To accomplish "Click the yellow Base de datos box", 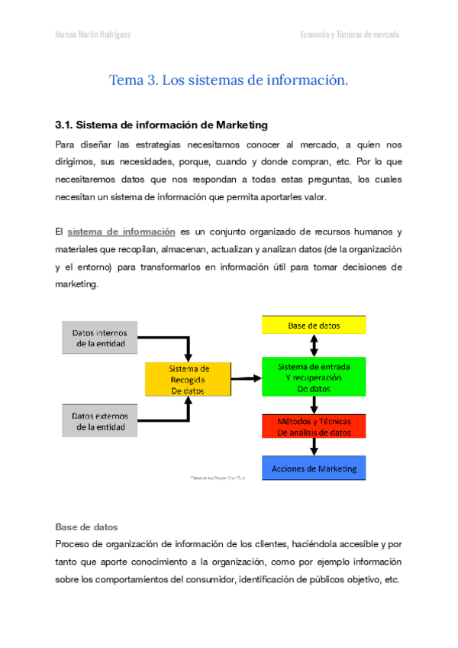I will [314, 325].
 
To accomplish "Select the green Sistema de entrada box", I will [314, 377].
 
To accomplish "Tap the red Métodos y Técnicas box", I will [314, 426].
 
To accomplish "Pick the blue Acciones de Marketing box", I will [314, 468].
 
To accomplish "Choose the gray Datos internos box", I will [99, 339].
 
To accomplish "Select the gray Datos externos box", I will [99, 422].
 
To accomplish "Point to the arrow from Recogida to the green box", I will [246, 377].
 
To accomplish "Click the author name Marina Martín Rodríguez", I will [95, 35].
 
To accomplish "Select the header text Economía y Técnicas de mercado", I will [350, 35].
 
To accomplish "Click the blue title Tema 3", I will [228, 79].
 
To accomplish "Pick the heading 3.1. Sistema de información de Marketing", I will [161, 125].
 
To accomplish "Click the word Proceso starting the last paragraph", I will [75, 544].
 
